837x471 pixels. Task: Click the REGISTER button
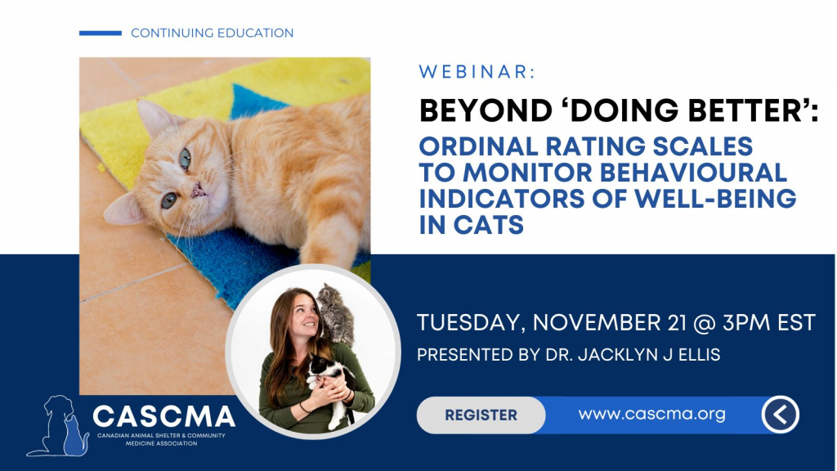pyautogui.click(x=481, y=415)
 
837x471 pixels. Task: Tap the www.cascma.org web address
pyautogui.click(x=651, y=414)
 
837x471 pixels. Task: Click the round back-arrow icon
pyautogui.click(x=780, y=415)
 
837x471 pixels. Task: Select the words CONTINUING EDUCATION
pyautogui.click(x=212, y=33)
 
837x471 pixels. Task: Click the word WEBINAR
pyautogui.click(x=473, y=72)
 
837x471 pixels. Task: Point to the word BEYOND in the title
pyautogui.click(x=486, y=110)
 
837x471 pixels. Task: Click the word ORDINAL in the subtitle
pyautogui.click(x=479, y=146)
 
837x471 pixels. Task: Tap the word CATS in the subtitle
pyautogui.click(x=489, y=225)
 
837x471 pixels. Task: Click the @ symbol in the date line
pyautogui.click(x=704, y=323)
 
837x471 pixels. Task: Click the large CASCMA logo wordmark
pyautogui.click(x=163, y=416)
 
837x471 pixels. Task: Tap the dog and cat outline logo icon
pyautogui.click(x=58, y=426)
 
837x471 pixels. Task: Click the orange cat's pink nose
pyautogui.click(x=199, y=190)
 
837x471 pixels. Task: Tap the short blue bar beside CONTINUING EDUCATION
pyautogui.click(x=101, y=33)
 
